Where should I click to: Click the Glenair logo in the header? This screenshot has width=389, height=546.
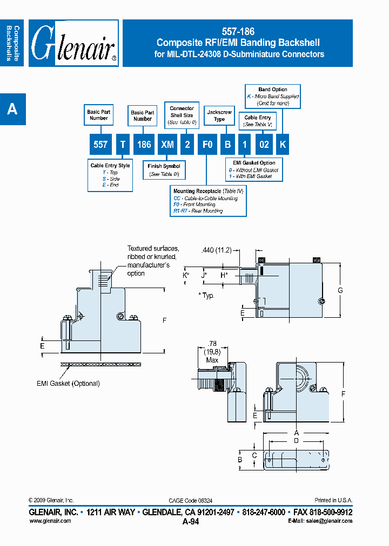pyautogui.click(x=73, y=43)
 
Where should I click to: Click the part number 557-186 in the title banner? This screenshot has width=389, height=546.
pyautogui.click(x=238, y=32)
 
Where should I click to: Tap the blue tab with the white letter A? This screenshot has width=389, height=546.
pyautogui.click(x=12, y=110)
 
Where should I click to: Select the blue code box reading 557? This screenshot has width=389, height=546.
pyautogui.click(x=100, y=145)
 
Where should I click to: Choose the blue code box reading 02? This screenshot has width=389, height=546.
pyautogui.click(x=264, y=145)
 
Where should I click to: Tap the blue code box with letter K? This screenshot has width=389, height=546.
pyautogui.click(x=283, y=145)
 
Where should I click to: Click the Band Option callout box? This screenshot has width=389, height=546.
pyautogui.click(x=272, y=96)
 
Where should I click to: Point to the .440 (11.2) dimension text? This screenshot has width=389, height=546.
pyautogui.click(x=216, y=250)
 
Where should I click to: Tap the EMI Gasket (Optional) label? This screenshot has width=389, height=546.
pyautogui.click(x=68, y=384)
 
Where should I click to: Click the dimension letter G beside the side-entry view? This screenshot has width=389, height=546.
pyautogui.click(x=340, y=290)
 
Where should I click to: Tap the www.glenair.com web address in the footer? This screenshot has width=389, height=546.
pyautogui.click(x=50, y=521)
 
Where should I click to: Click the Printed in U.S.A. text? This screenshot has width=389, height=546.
pyautogui.click(x=333, y=500)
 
